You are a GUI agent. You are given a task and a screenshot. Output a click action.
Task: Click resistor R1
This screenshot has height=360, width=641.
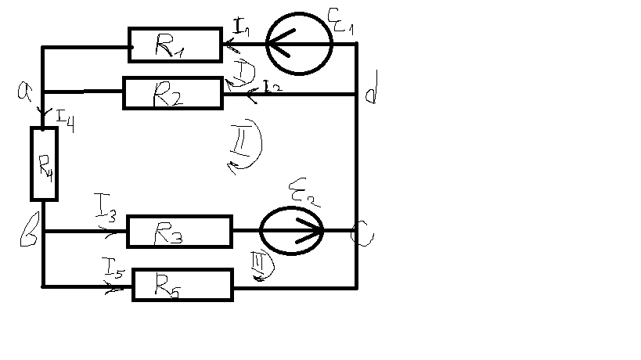click(175, 46)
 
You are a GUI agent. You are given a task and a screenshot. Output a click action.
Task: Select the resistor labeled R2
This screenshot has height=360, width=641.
click(173, 94)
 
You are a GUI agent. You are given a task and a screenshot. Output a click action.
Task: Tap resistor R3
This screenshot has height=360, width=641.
click(179, 232)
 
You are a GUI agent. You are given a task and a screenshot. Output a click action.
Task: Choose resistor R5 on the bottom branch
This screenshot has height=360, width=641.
click(183, 285)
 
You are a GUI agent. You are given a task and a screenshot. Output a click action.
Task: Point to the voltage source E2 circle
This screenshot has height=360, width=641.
click(292, 231)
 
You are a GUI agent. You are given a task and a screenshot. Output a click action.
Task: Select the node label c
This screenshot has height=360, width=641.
click(362, 232)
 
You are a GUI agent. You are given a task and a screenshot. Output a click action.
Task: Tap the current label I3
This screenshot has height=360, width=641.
click(108, 211)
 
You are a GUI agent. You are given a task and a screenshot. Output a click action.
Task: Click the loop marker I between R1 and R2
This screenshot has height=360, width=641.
click(245, 72)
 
